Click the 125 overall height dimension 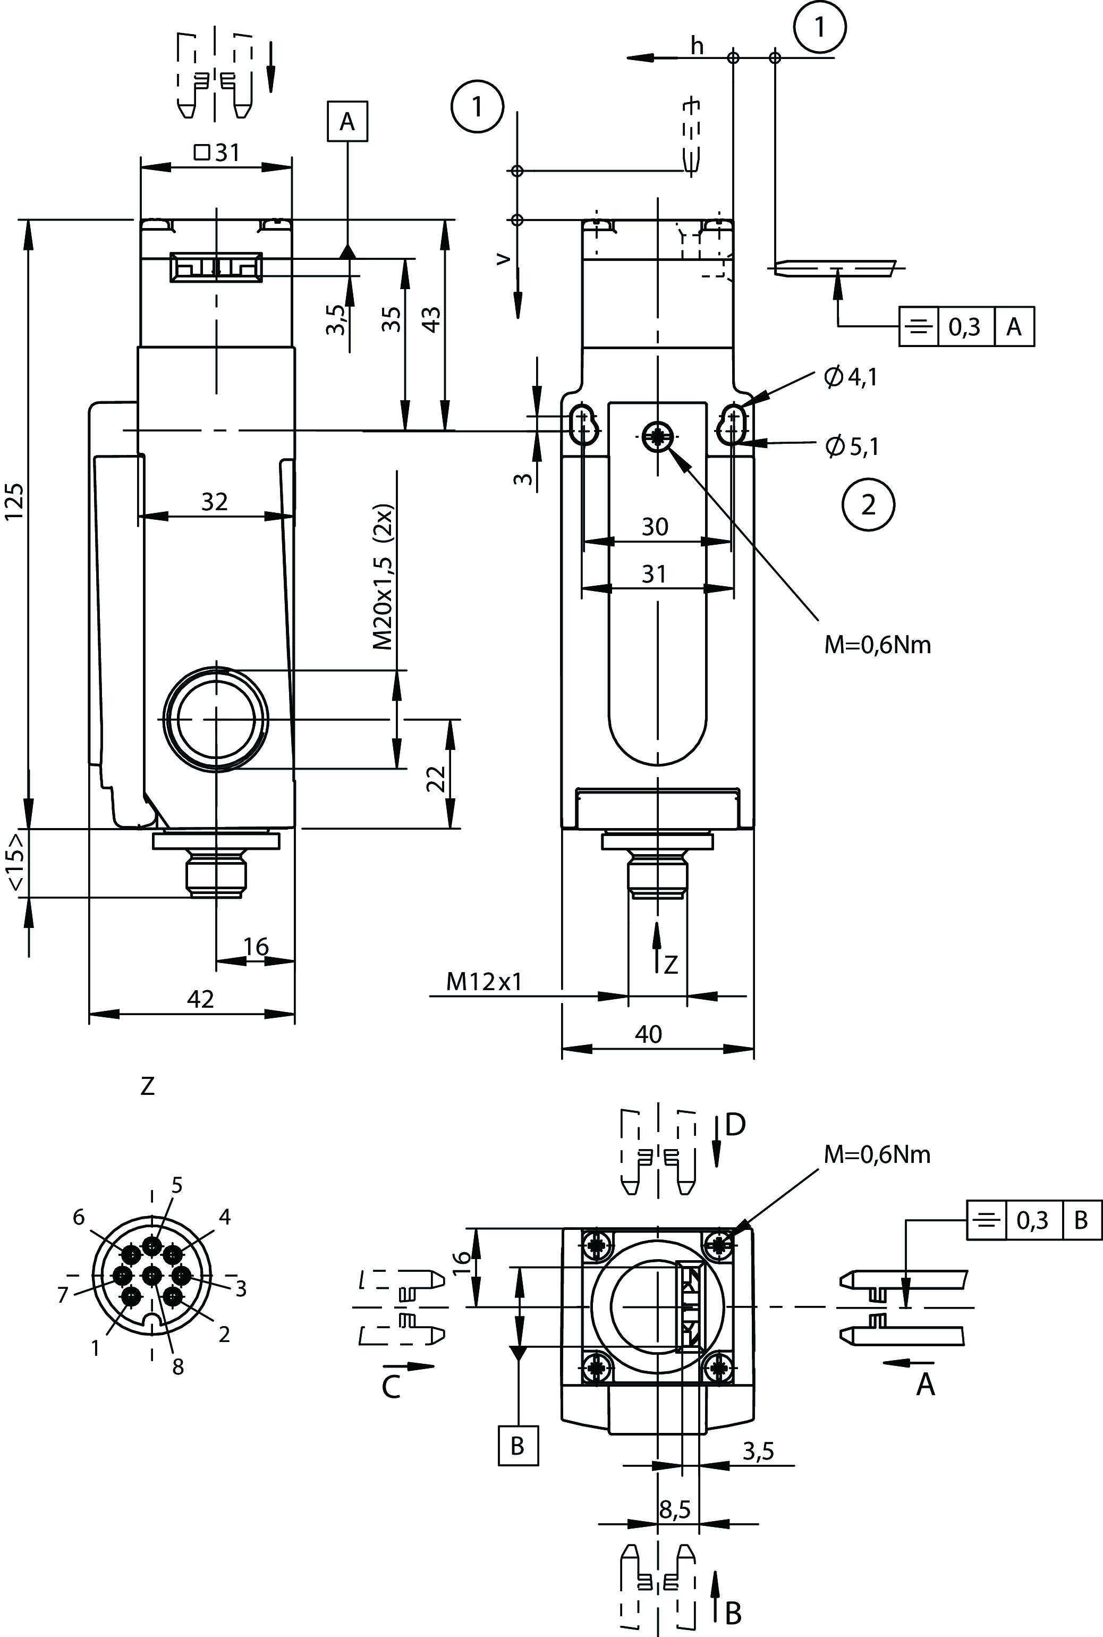(x=15, y=501)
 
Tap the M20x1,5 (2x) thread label (x=384, y=577)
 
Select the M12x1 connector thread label (x=485, y=981)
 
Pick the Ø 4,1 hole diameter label (x=851, y=378)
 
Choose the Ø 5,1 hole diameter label (x=853, y=446)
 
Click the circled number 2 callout (x=868, y=504)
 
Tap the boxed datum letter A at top (x=347, y=122)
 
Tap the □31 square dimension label (x=217, y=152)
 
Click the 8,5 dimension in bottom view (x=675, y=1509)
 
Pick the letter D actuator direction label (x=735, y=1125)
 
